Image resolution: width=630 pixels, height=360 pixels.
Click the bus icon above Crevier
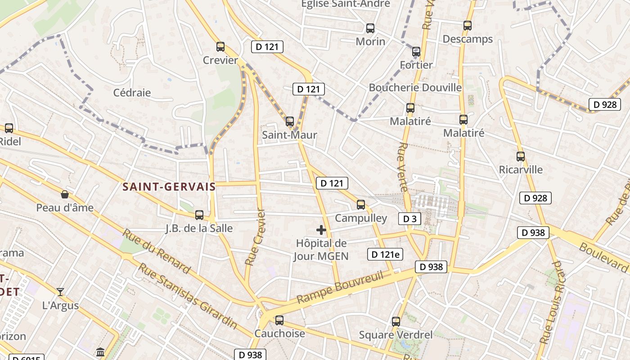coord(220,47)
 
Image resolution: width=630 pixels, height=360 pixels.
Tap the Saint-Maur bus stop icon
coord(290,121)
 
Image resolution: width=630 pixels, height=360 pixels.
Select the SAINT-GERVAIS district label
coord(169,187)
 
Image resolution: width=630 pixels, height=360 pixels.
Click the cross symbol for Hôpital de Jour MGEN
coord(321,230)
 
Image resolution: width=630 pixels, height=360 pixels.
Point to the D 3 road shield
coord(409,219)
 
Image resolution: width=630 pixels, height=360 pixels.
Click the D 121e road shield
coord(385,254)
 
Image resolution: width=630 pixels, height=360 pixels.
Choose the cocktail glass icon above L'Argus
coord(60,292)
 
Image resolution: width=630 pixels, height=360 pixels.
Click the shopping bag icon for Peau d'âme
coord(65,194)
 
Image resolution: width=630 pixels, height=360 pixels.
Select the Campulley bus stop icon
coord(361,205)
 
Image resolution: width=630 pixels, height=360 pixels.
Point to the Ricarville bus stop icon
coord(521,157)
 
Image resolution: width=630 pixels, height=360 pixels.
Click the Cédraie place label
coord(132,93)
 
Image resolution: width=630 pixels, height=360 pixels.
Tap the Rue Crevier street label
coord(255,237)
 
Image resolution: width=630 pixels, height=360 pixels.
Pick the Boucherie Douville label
coord(415,87)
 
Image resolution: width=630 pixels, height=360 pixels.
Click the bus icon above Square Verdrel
coord(396,322)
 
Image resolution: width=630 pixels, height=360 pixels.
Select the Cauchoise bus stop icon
coord(279,320)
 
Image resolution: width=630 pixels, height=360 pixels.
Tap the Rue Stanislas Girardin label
coord(187,295)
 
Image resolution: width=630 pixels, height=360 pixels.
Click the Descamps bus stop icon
coord(468,26)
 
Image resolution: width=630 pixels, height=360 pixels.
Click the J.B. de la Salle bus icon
coord(199,215)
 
